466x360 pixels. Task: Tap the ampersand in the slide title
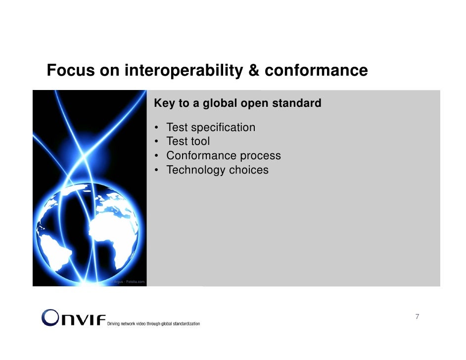254,71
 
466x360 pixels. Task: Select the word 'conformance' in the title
316,71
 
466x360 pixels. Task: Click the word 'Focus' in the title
70,71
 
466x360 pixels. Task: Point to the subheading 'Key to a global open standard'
237,104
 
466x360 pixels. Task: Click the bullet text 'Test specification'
211,128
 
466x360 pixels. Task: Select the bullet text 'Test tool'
188,142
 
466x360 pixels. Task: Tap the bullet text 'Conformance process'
224,156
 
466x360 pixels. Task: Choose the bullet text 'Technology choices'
217,170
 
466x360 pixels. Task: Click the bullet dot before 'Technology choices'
156,171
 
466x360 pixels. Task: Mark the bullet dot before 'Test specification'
156,128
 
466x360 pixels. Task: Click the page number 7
418,317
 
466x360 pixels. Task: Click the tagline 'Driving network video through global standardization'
154,323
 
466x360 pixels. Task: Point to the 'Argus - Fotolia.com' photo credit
129,282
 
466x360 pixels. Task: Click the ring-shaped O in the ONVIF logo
51,317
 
